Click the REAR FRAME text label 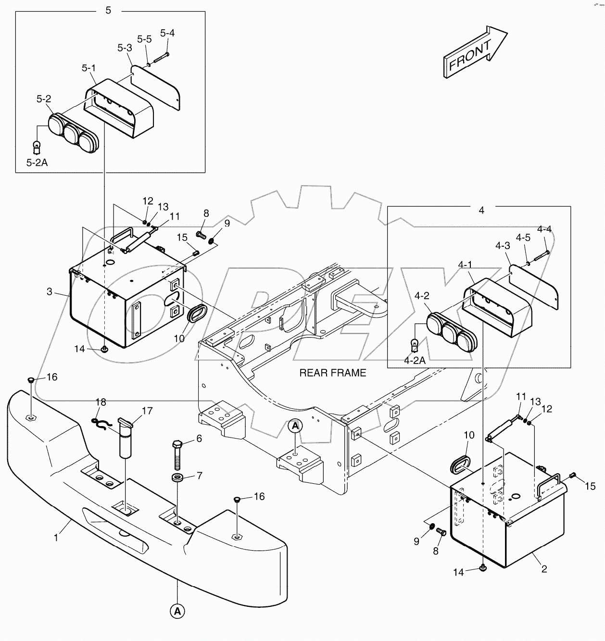tap(332, 373)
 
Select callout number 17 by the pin tap(147, 411)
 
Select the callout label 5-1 tap(88, 68)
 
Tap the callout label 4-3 tap(503, 246)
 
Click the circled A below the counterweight tap(177, 611)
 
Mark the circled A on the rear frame tap(295, 426)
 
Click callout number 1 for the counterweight tap(56, 538)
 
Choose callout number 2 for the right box tap(544, 569)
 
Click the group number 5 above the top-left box tap(108, 10)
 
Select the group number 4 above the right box tap(481, 210)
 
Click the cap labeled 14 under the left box tap(104, 348)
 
